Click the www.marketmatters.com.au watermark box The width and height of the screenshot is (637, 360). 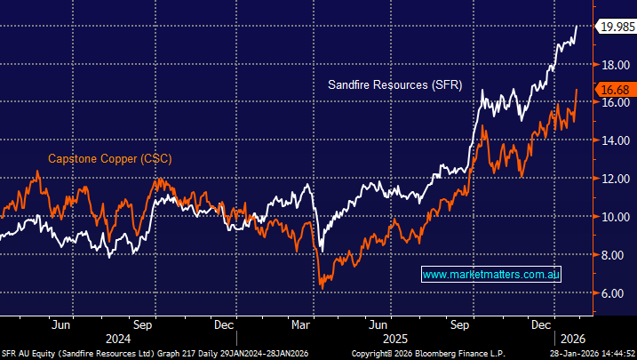tap(491, 275)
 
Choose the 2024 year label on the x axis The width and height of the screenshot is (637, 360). tap(117, 338)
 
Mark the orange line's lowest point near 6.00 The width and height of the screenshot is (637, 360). tap(322, 288)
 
